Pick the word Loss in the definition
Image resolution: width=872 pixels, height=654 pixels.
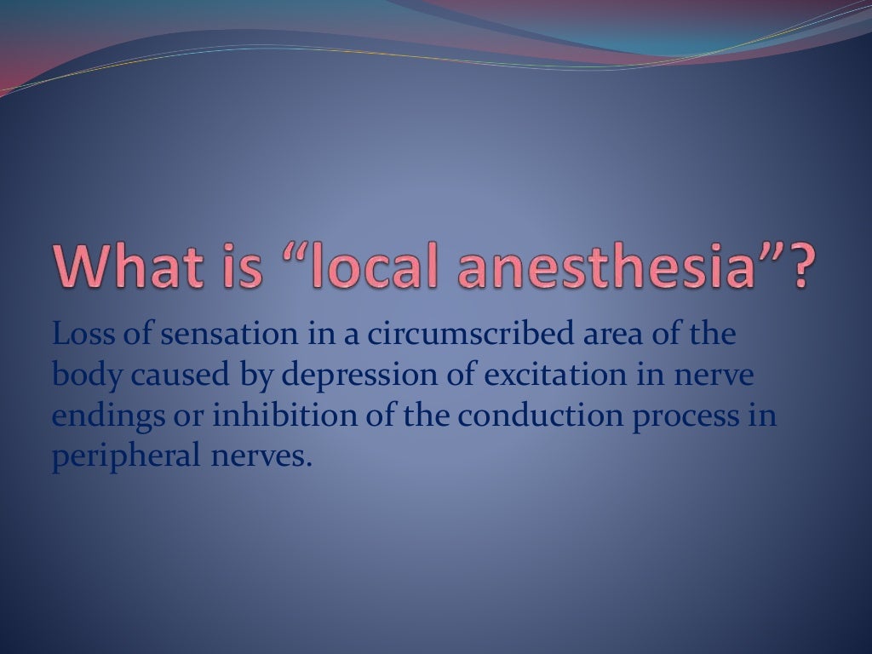pos(81,334)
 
